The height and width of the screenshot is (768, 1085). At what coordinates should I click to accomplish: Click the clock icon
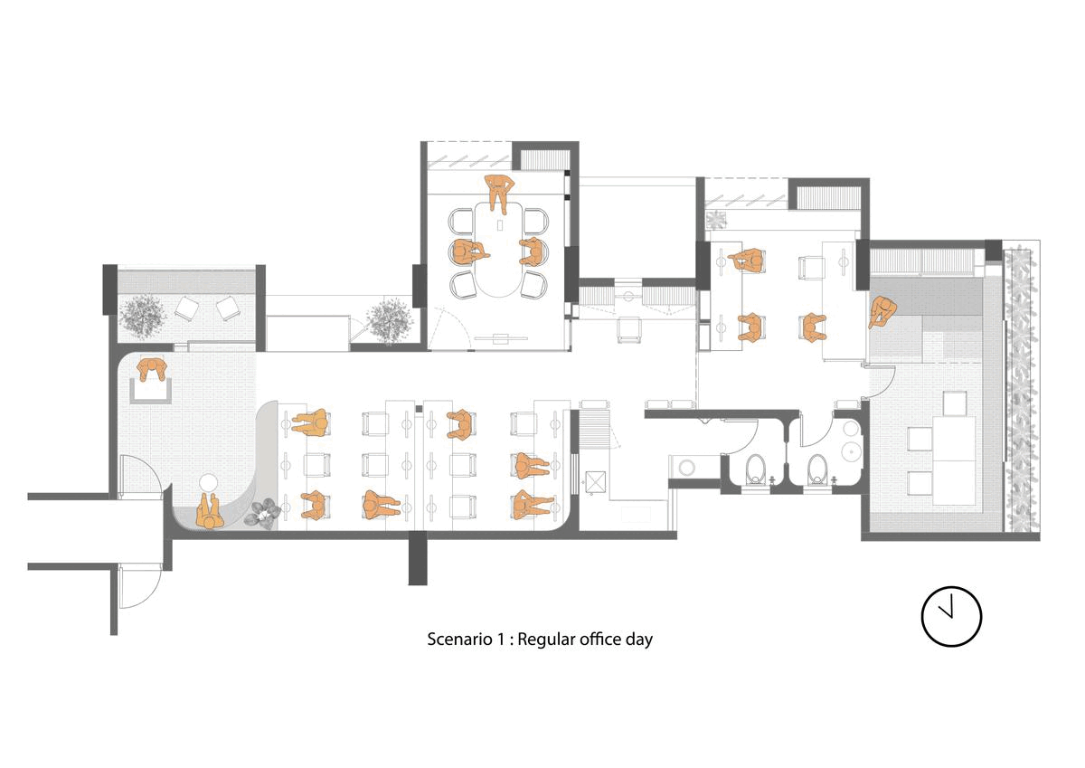951,616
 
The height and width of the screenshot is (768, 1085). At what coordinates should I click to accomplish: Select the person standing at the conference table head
499,193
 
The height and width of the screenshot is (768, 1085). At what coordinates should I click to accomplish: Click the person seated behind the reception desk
152,370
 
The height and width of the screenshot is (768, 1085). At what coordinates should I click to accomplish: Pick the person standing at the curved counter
209,512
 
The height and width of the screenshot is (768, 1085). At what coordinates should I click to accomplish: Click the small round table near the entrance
209,482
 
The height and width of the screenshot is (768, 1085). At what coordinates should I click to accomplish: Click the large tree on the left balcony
141,315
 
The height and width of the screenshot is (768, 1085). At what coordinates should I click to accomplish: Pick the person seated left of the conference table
469,252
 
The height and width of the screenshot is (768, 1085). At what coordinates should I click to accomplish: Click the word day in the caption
638,640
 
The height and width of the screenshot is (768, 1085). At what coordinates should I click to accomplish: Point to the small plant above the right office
716,220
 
